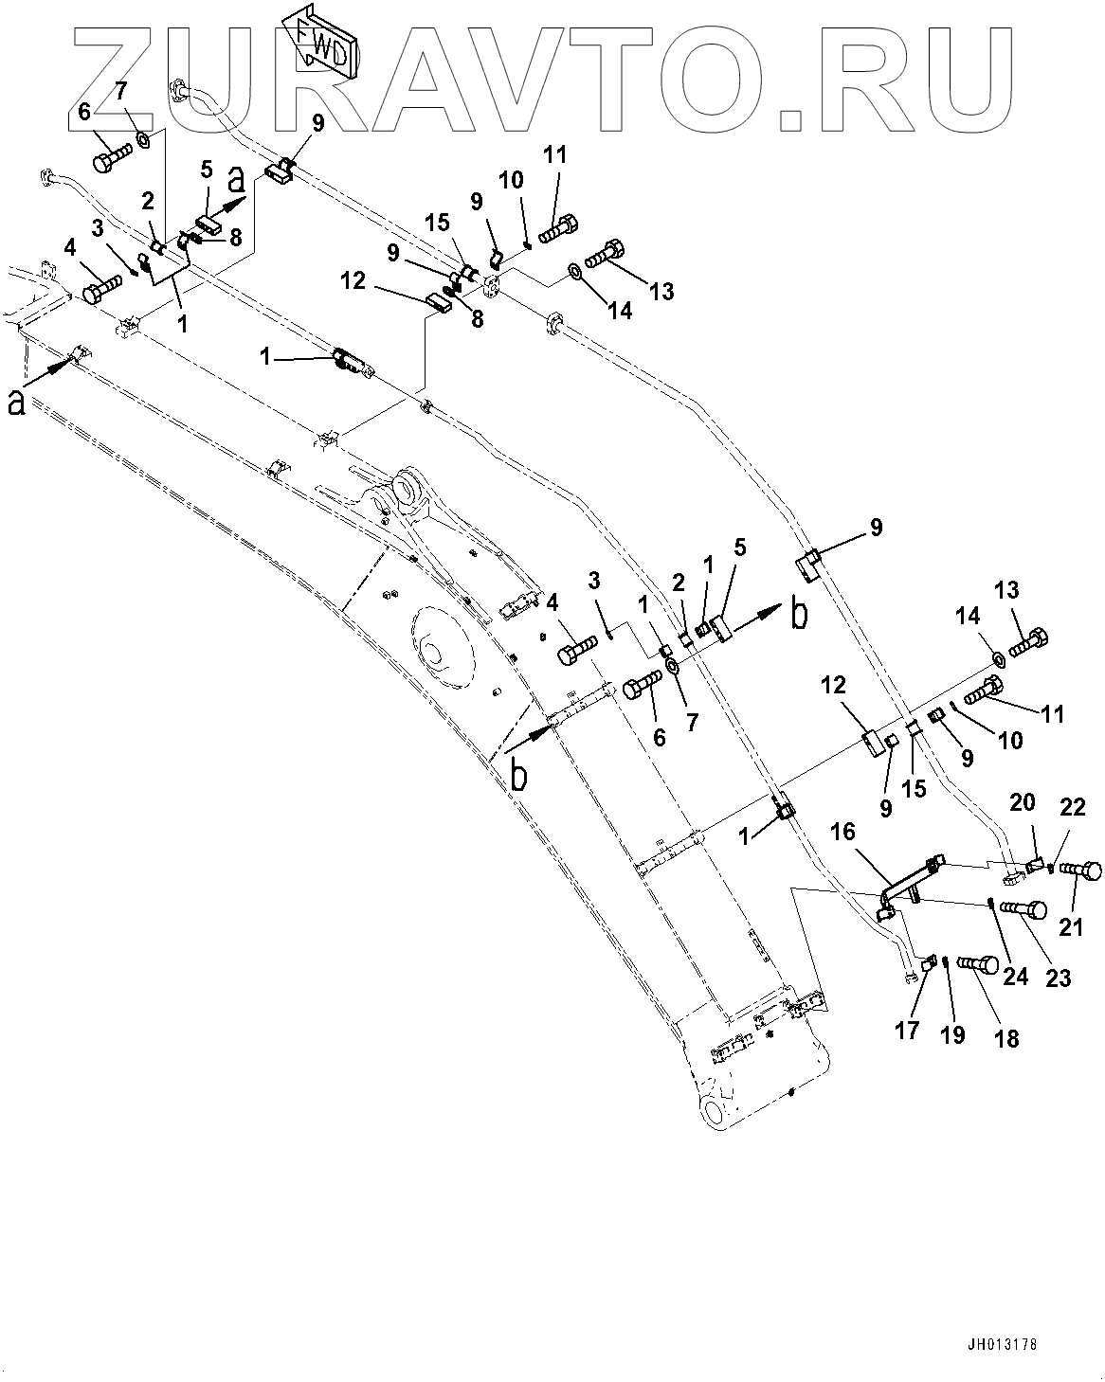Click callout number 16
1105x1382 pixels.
coord(842,833)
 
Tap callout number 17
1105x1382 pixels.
coord(907,1030)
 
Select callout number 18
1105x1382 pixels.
coord(1006,1037)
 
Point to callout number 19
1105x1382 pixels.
coord(952,1034)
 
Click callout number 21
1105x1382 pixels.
coord(1071,928)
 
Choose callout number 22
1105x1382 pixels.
coord(1072,806)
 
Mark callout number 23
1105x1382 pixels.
coord(1058,977)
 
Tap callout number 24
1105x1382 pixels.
coord(1015,974)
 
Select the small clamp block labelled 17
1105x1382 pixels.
coord(929,963)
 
